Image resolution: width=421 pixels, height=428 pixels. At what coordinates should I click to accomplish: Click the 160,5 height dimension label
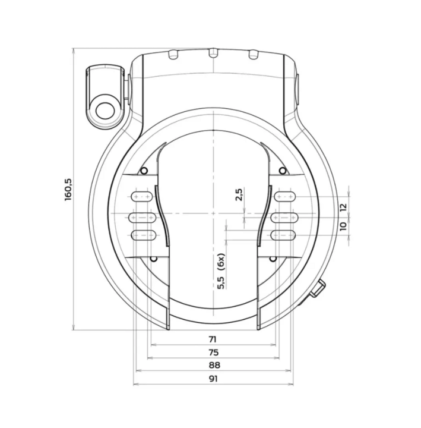[68, 189]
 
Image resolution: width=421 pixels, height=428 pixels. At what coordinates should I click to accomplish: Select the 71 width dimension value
[212, 339]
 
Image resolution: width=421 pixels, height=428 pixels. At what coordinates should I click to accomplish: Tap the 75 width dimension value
[212, 352]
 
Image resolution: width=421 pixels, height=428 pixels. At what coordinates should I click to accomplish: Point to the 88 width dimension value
[212, 365]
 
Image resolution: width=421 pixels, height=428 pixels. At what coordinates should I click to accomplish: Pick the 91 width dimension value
[212, 379]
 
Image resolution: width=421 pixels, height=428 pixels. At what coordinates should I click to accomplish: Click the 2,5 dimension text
[239, 195]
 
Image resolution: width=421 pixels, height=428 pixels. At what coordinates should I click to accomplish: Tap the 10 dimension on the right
[343, 226]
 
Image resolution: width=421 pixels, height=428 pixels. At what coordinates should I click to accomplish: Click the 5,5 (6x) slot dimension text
[221, 271]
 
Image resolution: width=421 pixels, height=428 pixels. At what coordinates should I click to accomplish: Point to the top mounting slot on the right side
[284, 196]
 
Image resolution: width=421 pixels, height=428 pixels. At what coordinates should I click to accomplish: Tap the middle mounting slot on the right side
[284, 218]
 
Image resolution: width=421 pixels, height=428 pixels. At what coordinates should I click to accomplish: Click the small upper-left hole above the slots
[143, 172]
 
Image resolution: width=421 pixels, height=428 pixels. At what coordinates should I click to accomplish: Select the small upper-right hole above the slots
[283, 172]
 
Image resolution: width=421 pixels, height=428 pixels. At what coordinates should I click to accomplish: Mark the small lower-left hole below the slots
[153, 259]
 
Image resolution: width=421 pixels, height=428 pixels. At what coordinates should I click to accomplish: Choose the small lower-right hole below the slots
[273, 259]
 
